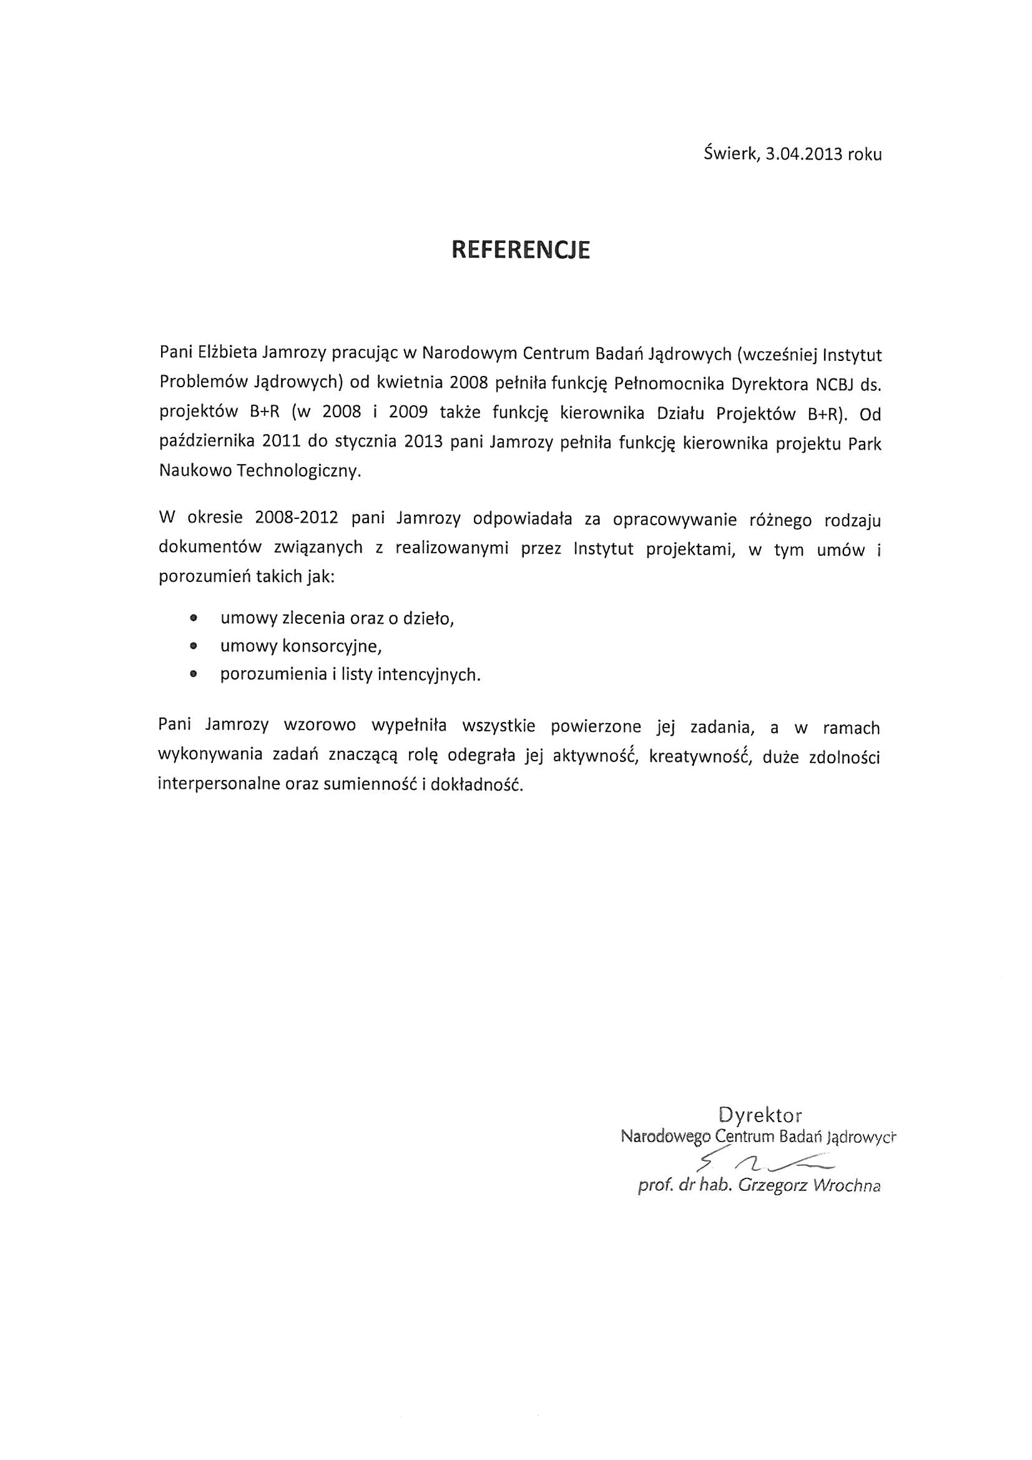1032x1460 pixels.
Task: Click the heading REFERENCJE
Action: [x=520, y=250]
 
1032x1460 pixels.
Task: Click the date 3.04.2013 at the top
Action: [x=803, y=154]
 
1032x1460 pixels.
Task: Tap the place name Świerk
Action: [x=730, y=154]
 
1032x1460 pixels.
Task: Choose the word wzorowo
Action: [x=320, y=725]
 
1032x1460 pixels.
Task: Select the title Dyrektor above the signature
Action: [x=760, y=1115]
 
